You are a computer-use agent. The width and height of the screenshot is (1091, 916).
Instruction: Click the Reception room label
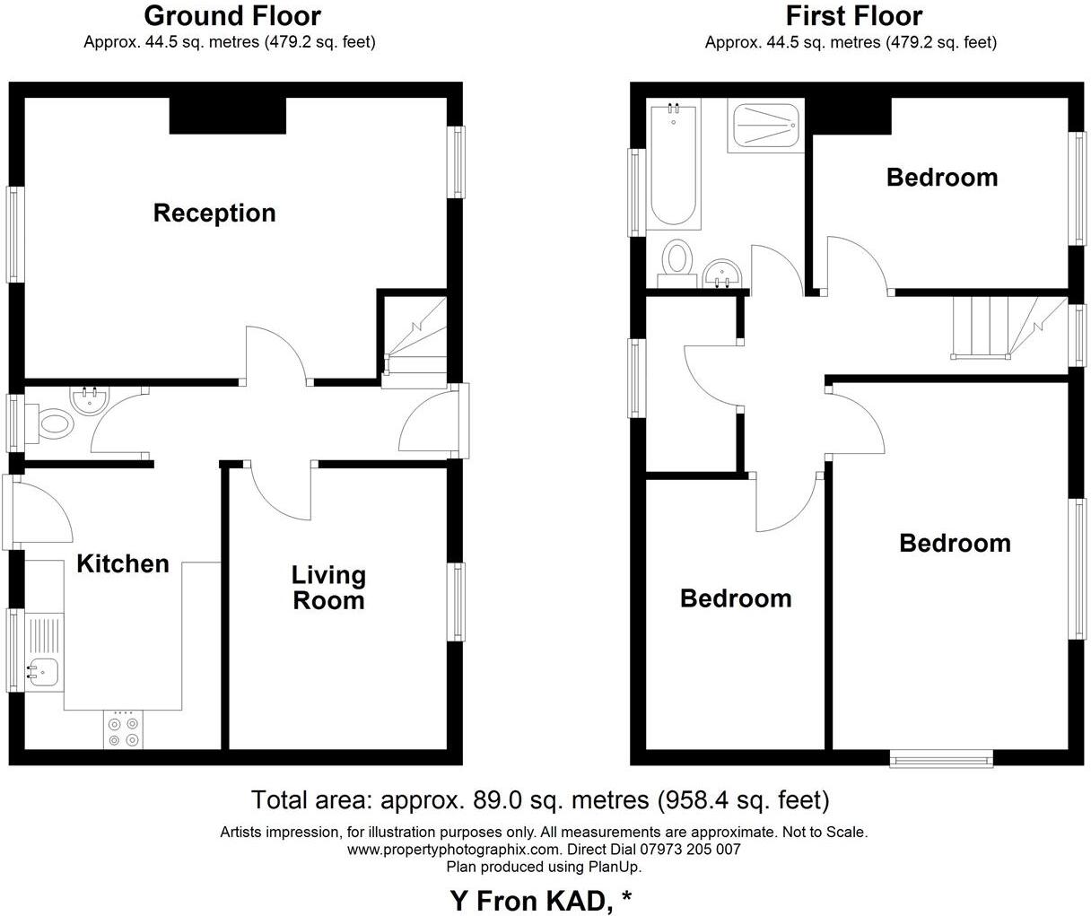[x=214, y=213]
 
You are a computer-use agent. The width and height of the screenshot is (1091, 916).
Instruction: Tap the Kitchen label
[x=122, y=563]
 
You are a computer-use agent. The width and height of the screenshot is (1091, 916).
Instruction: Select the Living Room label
[x=328, y=588]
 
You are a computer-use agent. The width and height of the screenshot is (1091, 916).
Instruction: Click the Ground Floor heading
[x=231, y=15]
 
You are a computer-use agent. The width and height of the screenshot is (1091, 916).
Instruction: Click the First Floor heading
[x=853, y=15]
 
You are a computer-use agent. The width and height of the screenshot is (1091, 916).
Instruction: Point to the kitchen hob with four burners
[x=124, y=730]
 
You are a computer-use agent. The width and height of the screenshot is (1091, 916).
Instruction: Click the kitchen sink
[x=41, y=669]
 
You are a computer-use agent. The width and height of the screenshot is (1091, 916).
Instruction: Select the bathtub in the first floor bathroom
[x=673, y=166]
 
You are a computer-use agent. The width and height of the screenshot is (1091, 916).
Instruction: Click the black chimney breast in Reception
[x=227, y=116]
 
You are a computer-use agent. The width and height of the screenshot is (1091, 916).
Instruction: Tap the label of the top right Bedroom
[x=941, y=177]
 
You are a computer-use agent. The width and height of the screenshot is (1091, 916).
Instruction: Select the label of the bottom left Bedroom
[x=736, y=598]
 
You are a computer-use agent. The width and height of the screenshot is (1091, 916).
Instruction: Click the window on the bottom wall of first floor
[x=942, y=760]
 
